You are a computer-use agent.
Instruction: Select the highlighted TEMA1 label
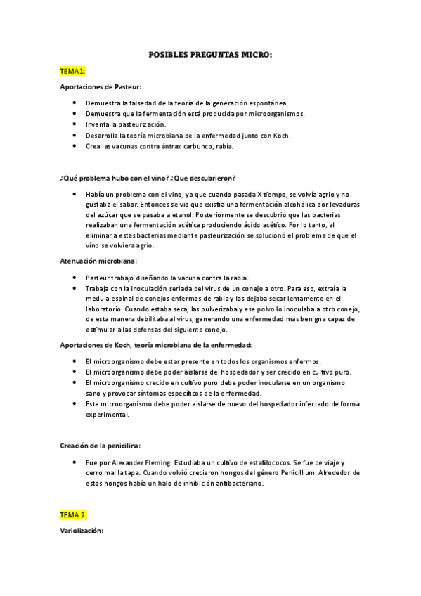[x=72, y=71]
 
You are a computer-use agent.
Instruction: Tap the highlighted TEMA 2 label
[x=74, y=514]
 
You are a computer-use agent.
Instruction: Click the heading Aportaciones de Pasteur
[x=101, y=86]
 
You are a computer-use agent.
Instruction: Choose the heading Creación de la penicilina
[x=100, y=445]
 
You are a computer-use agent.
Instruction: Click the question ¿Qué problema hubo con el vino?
[x=112, y=179]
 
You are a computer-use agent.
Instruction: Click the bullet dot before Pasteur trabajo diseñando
[x=75, y=277]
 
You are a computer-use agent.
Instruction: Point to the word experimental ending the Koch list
[x=107, y=415]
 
